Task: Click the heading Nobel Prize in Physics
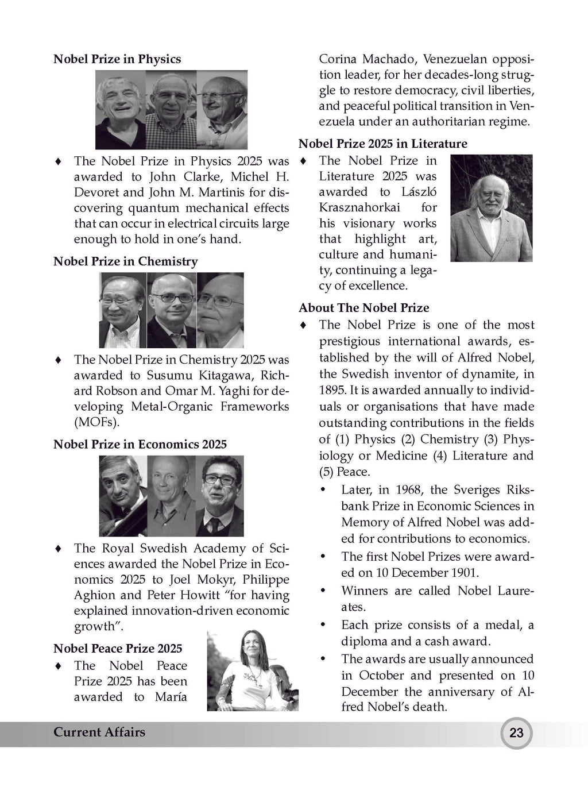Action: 117,59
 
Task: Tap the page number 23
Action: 516,733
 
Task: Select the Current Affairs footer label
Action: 99,732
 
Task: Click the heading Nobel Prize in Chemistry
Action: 125,261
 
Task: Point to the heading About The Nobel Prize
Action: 364,308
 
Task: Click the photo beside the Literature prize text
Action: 492,208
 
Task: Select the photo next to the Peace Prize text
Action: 253,670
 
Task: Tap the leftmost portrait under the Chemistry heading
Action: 122,310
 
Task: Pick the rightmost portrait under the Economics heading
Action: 220,496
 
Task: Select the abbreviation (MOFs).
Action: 96,422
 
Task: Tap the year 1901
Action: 463,573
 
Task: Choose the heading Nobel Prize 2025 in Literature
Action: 383,144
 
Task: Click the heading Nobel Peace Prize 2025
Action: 118,649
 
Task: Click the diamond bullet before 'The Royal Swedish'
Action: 58,549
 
